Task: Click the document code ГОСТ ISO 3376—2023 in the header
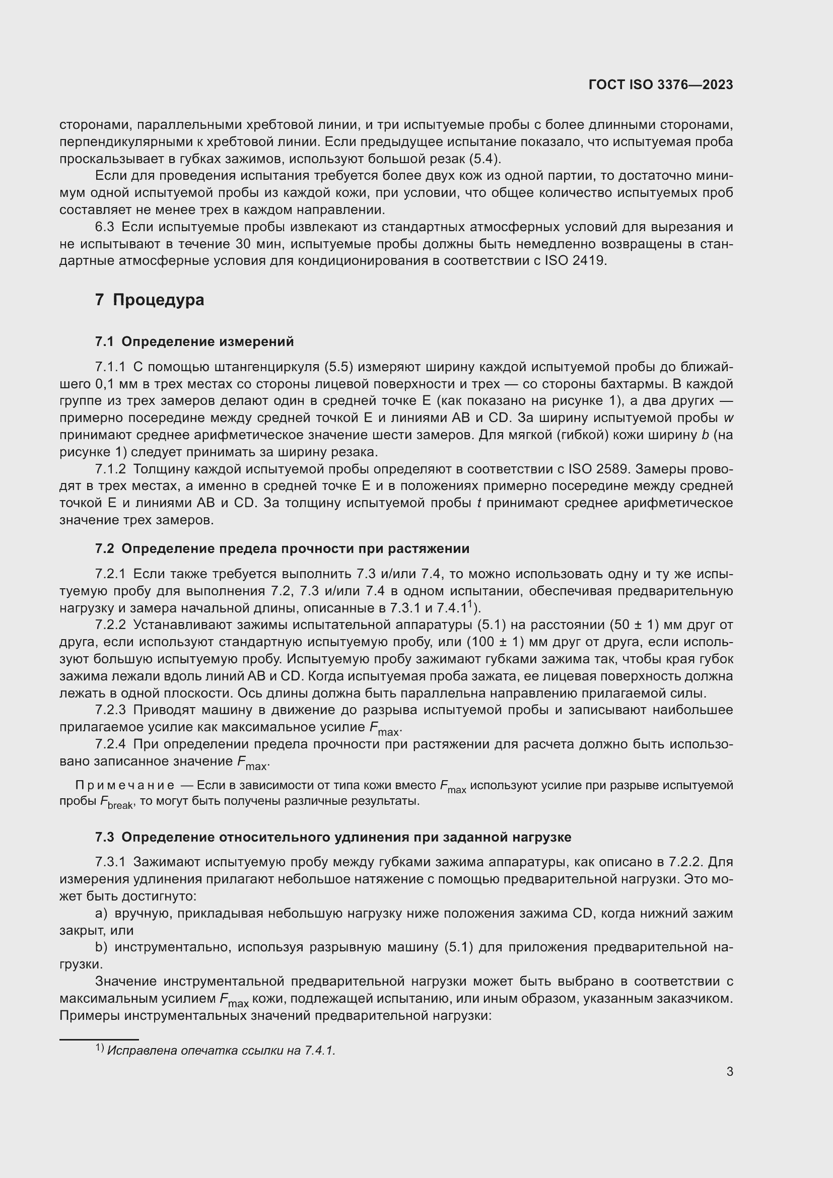click(x=661, y=85)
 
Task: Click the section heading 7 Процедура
click(x=149, y=300)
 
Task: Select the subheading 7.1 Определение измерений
click(x=194, y=341)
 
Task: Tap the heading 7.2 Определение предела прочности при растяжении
click(x=282, y=548)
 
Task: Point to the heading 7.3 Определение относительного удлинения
click(x=333, y=837)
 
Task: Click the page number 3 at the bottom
click(x=729, y=1071)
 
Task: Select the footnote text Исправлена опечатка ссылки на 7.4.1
click(x=221, y=1050)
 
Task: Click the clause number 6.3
click(x=104, y=227)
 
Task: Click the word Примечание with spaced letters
click(x=124, y=785)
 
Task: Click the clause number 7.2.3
click(x=110, y=710)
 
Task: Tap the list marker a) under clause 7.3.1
click(x=101, y=913)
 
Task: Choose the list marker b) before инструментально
click(x=101, y=947)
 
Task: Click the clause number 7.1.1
click(x=110, y=367)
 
